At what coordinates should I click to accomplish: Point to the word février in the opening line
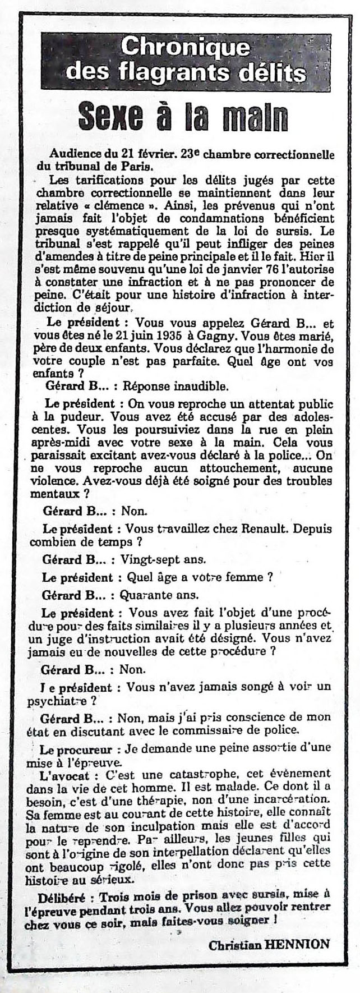[x=149, y=154]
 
